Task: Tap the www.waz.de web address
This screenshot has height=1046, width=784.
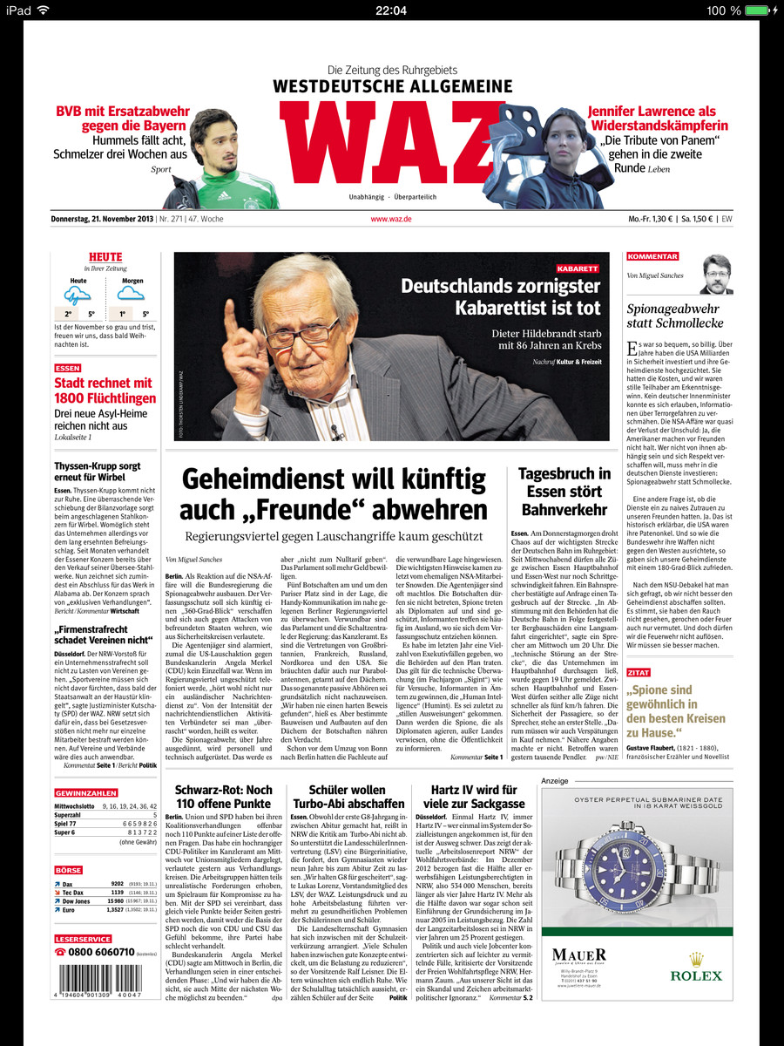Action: pos(391,219)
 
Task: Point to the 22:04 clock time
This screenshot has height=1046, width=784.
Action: pos(391,10)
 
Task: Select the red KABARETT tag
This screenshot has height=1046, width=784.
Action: pos(578,268)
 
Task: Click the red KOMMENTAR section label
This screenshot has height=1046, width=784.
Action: pos(652,257)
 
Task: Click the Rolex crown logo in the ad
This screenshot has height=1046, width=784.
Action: pos(683,959)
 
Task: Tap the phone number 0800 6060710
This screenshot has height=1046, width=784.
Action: pos(102,952)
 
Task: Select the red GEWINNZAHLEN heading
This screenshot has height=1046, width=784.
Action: pos(86,793)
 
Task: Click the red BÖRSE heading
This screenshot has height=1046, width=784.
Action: pos(68,870)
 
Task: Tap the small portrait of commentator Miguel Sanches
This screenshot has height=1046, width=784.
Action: pos(716,274)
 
